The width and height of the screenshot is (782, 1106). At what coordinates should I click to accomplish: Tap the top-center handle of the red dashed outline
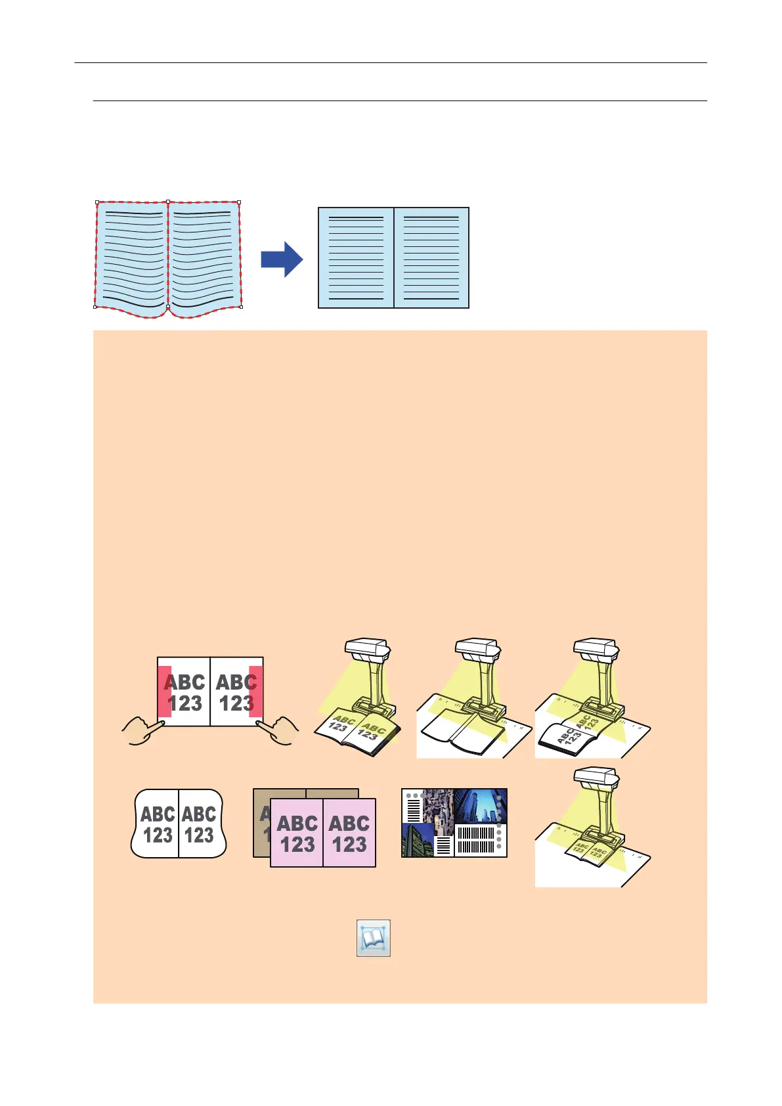point(168,202)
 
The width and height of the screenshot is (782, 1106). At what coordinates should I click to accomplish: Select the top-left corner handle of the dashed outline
point(97,202)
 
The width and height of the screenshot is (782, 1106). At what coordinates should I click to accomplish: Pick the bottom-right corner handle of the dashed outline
point(241,307)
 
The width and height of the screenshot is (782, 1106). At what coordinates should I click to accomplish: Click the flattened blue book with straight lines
point(393,257)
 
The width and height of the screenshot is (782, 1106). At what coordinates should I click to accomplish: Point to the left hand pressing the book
point(144,731)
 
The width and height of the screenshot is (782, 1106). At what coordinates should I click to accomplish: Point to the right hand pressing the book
point(278,730)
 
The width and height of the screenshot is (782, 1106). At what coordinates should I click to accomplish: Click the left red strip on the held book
point(165,692)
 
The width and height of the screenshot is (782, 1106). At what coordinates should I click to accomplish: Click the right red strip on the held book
point(256,692)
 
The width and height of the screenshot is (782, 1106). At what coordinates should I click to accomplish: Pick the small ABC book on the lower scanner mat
point(590,852)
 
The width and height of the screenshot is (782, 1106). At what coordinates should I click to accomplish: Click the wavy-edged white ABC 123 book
point(179,824)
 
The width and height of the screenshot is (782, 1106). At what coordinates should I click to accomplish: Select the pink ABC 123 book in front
point(323,833)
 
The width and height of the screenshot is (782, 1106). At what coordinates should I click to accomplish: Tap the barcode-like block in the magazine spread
point(474,840)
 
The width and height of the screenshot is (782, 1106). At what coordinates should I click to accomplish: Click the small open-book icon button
point(374,938)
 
